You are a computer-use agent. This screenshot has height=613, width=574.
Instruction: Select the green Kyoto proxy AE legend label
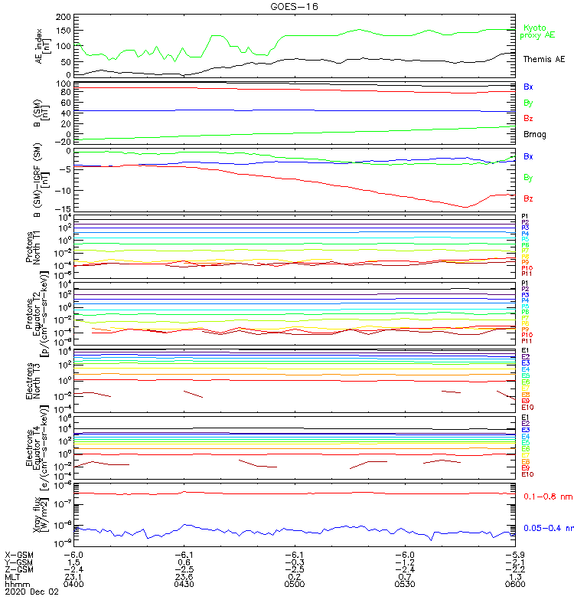click(539, 31)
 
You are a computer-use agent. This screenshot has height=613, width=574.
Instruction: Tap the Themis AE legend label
click(544, 59)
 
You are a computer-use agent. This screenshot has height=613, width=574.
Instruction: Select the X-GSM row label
click(18, 554)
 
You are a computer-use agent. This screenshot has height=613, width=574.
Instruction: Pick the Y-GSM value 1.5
click(73, 562)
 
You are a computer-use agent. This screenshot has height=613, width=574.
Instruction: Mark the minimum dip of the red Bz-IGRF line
click(465, 207)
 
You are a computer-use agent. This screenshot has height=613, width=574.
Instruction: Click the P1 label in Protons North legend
click(525, 217)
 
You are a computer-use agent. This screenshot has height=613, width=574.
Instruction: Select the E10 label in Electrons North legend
click(527, 408)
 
